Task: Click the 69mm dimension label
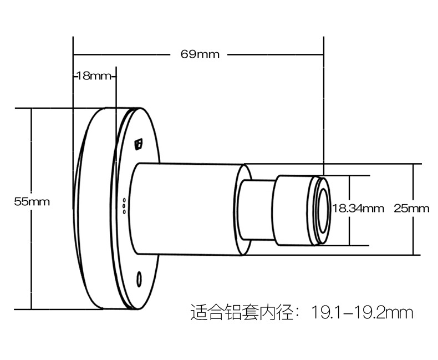tap(200, 54)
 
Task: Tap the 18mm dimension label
tap(94, 76)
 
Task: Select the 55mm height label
tap(32, 202)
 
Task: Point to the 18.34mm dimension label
tap(358, 209)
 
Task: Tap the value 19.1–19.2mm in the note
tap(363, 313)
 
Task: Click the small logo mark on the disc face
tap(139, 144)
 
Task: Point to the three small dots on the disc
tap(124, 205)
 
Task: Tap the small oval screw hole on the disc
tap(139, 277)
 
